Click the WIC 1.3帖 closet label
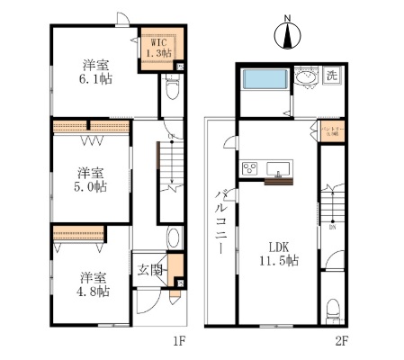tap(159, 47)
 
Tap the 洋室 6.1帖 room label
tap(93, 72)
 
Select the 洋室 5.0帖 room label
tap(90, 179)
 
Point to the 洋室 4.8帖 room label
tap(91, 284)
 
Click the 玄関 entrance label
tap(149, 270)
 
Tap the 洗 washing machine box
tap(331, 76)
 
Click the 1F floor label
tap(178, 341)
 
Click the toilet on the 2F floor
tap(334, 309)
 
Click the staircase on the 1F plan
tap(170, 166)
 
